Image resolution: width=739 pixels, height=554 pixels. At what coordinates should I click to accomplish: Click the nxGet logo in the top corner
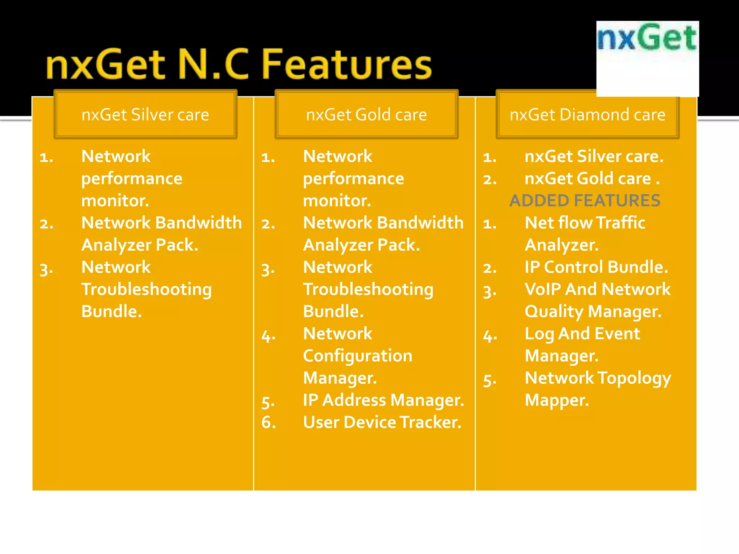coord(647,38)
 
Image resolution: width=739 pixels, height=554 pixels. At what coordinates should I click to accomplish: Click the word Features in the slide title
coord(346,65)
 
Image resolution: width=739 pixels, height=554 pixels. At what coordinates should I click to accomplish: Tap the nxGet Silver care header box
coord(145,115)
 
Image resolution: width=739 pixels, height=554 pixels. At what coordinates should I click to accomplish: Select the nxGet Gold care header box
coord(366,115)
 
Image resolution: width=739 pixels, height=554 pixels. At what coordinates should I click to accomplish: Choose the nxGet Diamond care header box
coord(587,115)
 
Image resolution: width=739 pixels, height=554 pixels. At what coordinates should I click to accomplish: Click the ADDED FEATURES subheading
coord(585,201)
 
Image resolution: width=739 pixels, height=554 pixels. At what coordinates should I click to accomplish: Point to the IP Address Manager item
coord(383,400)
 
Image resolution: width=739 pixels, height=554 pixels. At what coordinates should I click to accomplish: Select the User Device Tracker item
coord(382,422)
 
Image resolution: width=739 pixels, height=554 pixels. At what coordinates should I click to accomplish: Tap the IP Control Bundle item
coord(596,267)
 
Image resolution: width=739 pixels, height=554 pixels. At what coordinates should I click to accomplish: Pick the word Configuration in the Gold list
coord(358,356)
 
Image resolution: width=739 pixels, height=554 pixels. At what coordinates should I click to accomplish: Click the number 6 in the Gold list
coord(268,422)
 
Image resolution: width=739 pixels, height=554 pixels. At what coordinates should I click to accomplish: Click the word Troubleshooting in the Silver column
coord(147,290)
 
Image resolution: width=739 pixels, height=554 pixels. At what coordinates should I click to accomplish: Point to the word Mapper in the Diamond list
coord(556,400)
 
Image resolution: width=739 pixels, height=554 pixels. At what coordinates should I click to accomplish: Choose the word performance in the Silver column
coord(132,179)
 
